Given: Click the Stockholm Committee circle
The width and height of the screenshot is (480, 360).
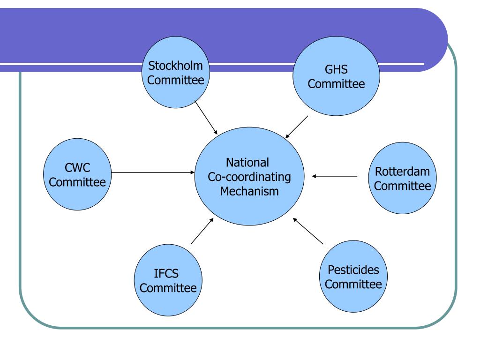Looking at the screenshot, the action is tap(176, 72).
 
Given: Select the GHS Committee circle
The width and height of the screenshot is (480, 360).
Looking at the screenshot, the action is tap(336, 76).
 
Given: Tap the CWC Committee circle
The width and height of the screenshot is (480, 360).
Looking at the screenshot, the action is tap(77, 174).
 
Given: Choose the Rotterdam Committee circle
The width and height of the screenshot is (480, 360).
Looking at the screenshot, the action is tap(402, 178).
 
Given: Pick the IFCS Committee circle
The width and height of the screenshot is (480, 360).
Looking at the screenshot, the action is tap(168, 280).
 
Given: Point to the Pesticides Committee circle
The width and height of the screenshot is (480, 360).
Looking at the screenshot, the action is tap(353, 276).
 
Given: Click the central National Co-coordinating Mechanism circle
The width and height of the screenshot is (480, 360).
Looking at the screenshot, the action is tap(249, 176).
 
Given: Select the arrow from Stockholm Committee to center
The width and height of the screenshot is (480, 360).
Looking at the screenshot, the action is tap(206, 118).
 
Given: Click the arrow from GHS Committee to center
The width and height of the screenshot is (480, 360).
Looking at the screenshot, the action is tap(297, 127).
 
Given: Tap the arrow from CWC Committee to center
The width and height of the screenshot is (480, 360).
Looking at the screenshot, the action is tap(153, 172).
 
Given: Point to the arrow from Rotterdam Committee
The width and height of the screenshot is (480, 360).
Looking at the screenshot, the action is tap(335, 176).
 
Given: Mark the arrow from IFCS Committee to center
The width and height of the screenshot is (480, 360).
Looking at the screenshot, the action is tap(202, 231).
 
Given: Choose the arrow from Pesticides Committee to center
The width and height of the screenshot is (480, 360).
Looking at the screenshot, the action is tap(308, 231).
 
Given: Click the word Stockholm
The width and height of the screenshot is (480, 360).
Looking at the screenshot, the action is tap(175, 66).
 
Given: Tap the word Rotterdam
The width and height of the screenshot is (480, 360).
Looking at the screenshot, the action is tap(402, 172).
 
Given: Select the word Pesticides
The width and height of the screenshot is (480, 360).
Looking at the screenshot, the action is tap(353, 270).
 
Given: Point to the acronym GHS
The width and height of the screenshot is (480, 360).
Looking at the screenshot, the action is tap(336, 69).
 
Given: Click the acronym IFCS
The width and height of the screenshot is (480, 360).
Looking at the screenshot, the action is tap(166, 273).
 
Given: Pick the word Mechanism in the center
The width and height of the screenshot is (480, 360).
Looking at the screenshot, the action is tap(249, 191).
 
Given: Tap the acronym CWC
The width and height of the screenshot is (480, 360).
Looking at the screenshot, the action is tap(77, 167).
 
